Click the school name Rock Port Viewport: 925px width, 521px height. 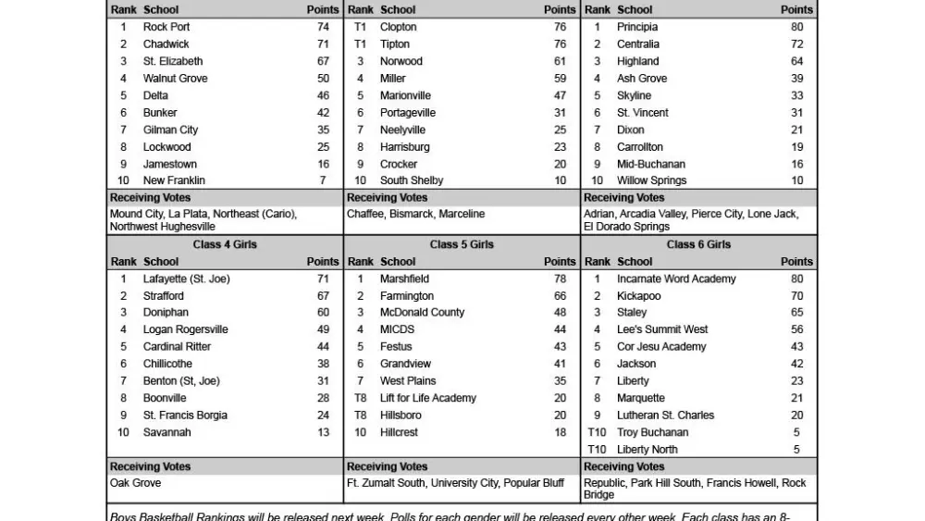tap(166, 27)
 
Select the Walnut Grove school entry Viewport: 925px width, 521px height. tap(175, 79)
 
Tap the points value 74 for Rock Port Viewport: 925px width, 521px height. tap(323, 27)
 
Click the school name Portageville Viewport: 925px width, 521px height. tap(408, 113)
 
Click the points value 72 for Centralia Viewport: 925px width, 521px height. tap(796, 44)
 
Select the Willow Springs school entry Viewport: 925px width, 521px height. tap(652, 180)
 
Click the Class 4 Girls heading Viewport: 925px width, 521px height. tap(225, 244)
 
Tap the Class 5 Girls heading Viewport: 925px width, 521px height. tap(462, 244)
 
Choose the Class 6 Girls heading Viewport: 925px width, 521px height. tap(698, 244)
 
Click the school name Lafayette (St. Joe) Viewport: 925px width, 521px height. tap(187, 279)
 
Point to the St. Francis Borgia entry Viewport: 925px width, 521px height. tap(185, 416)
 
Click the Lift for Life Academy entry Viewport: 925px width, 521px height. tap(428, 398)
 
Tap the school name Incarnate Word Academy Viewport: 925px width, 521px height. tap(676, 279)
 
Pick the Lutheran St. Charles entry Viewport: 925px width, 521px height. tap(665, 416)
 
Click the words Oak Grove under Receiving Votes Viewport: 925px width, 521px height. tap(135, 483)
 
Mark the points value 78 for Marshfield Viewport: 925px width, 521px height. tap(560, 279)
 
